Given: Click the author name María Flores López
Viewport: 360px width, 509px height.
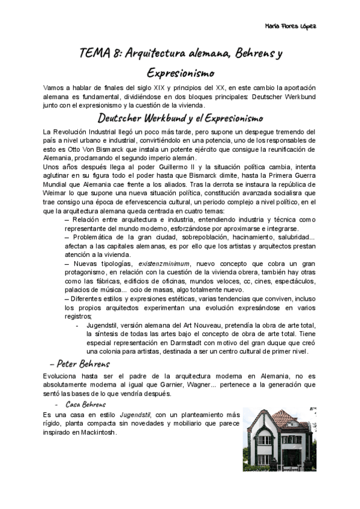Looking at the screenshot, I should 290,26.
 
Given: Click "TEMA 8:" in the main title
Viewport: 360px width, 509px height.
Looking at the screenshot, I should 98,54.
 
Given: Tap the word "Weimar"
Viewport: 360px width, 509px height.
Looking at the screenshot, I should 55,194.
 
